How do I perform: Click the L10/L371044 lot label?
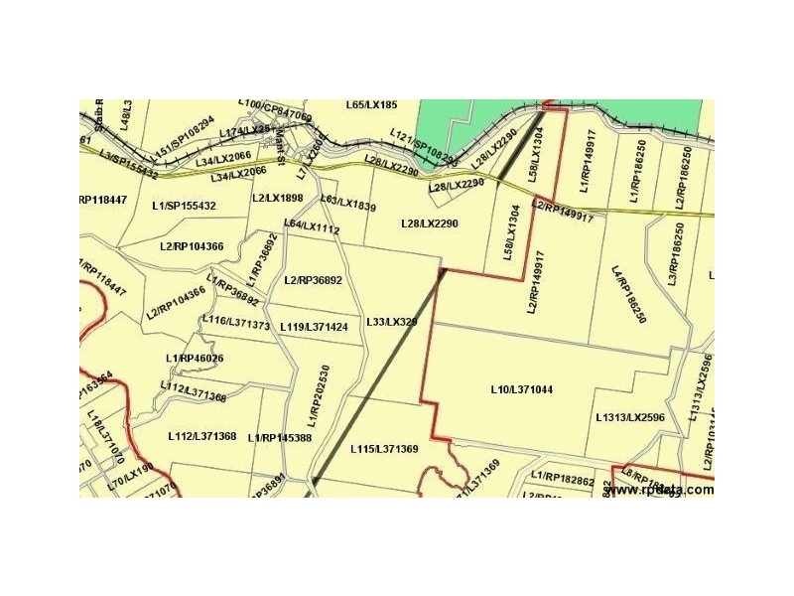(x=521, y=389)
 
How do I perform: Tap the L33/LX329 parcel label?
(x=392, y=323)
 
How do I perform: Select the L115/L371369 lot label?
(x=384, y=449)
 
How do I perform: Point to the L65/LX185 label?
(x=371, y=104)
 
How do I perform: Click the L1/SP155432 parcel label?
(x=184, y=206)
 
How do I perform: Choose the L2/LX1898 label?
(x=277, y=198)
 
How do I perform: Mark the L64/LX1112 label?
(x=312, y=226)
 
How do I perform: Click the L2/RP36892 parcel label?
(x=313, y=280)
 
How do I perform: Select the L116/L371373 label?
(x=235, y=323)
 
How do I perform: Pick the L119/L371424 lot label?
(x=314, y=327)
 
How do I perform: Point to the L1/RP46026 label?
(x=195, y=359)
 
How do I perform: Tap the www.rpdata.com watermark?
(x=659, y=489)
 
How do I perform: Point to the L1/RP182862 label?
(x=563, y=480)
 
